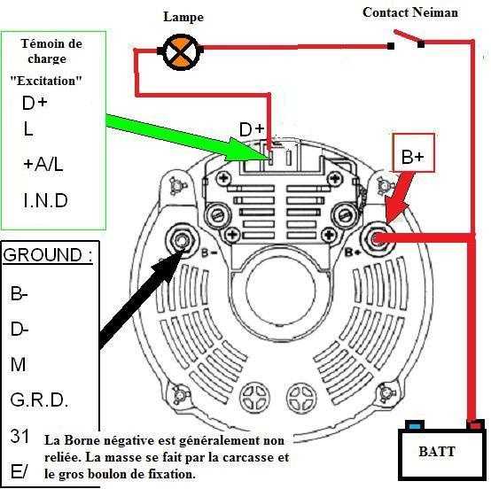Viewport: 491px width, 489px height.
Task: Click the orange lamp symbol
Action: [181, 51]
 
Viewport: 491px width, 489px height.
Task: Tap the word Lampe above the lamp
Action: [183, 17]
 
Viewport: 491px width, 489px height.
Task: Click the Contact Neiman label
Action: [410, 12]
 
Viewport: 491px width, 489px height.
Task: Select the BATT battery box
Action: [442, 454]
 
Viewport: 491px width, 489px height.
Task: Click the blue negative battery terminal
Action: [415, 425]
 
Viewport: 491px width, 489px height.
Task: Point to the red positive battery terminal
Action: [475, 425]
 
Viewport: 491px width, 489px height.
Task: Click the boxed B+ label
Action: [413, 152]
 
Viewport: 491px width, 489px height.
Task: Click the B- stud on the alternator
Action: [181, 240]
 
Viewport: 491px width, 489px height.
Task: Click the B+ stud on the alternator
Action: [377, 239]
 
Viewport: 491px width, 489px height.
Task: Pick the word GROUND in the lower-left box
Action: [43, 255]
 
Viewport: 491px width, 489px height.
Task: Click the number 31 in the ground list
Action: [19, 436]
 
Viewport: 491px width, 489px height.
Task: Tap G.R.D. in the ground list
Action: [39, 400]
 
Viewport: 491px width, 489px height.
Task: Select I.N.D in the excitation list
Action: [46, 200]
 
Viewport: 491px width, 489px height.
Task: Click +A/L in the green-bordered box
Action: [43, 164]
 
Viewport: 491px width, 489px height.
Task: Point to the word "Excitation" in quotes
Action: [46, 81]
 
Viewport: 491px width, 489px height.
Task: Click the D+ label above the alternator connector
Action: [252, 129]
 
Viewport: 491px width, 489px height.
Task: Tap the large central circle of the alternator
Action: [281, 290]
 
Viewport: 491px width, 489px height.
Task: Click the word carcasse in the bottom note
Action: [250, 457]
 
